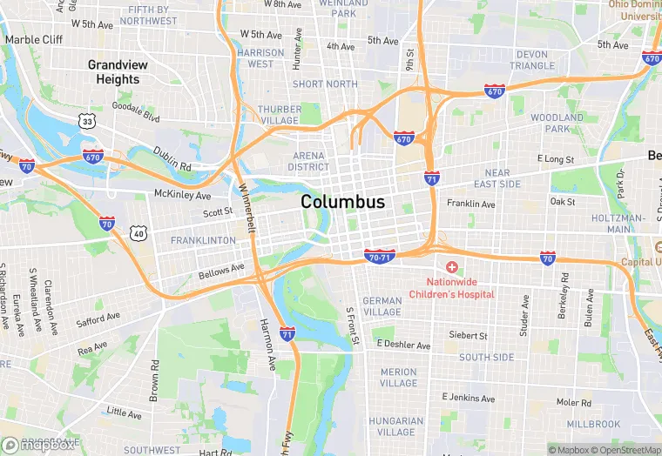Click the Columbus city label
click(342, 202)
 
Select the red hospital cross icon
click(452, 266)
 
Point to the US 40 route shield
click(138, 232)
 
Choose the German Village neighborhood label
click(382, 306)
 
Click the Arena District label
click(309, 161)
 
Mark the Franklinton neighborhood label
click(203, 240)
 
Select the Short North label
click(325, 84)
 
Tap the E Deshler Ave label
click(403, 345)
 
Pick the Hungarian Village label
click(396, 426)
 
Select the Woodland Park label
click(557, 123)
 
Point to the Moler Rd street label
click(574, 402)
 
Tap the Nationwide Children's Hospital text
click(460, 288)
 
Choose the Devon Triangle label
click(531, 60)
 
